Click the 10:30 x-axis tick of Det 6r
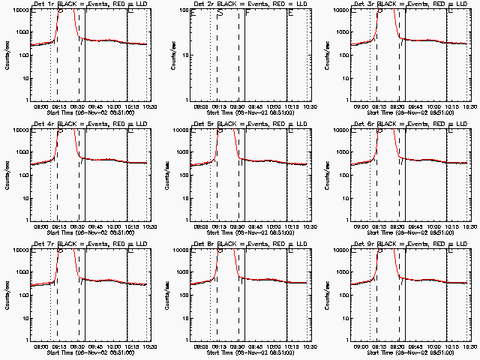469,226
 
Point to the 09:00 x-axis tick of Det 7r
41,346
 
